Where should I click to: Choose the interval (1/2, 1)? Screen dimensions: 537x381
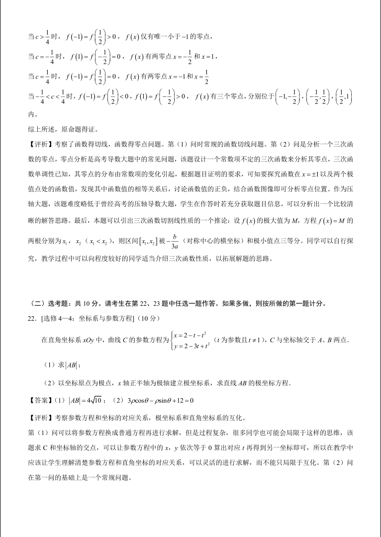pos(343,97)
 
